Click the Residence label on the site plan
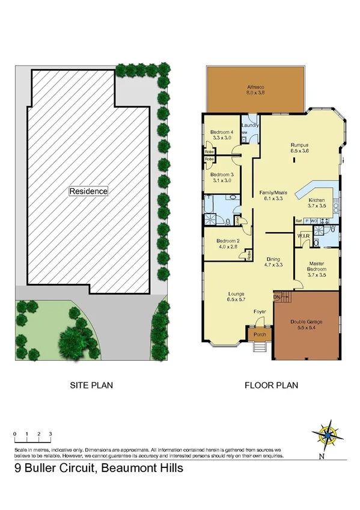(x=88, y=191)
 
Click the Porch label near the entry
(x=260, y=334)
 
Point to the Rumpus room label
(x=299, y=145)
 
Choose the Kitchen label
(x=317, y=200)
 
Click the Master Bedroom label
(x=317, y=266)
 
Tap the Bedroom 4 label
(x=222, y=132)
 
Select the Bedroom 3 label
(x=222, y=175)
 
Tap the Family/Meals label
(x=273, y=192)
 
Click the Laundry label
(x=251, y=125)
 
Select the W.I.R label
(x=303, y=235)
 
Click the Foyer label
(x=259, y=312)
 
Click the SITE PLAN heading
(x=91, y=385)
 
